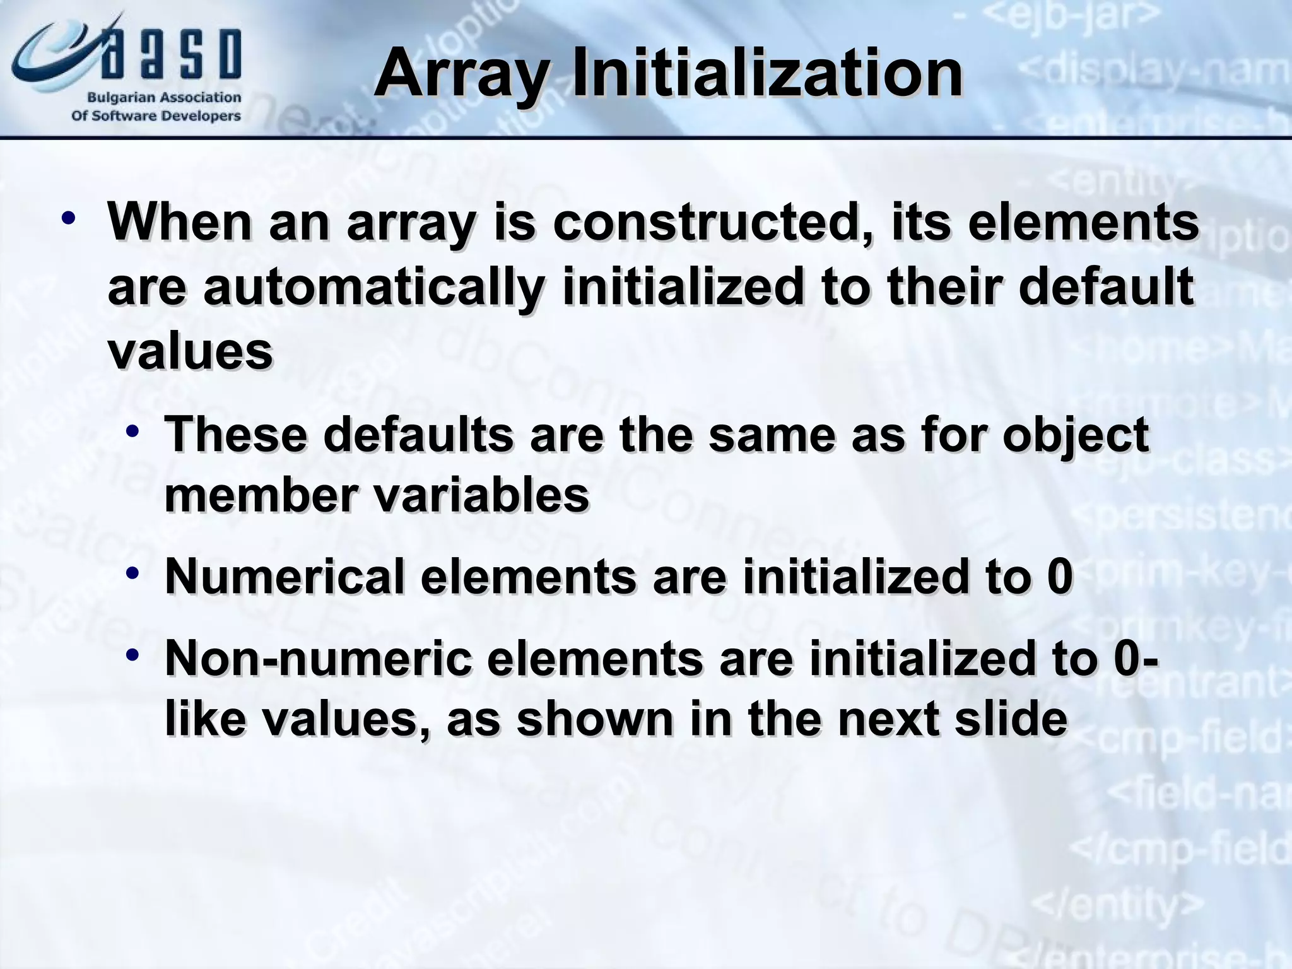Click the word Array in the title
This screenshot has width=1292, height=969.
[x=462, y=74]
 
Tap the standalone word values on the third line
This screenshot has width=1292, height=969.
[x=191, y=351]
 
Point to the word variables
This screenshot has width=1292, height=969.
[x=482, y=495]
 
